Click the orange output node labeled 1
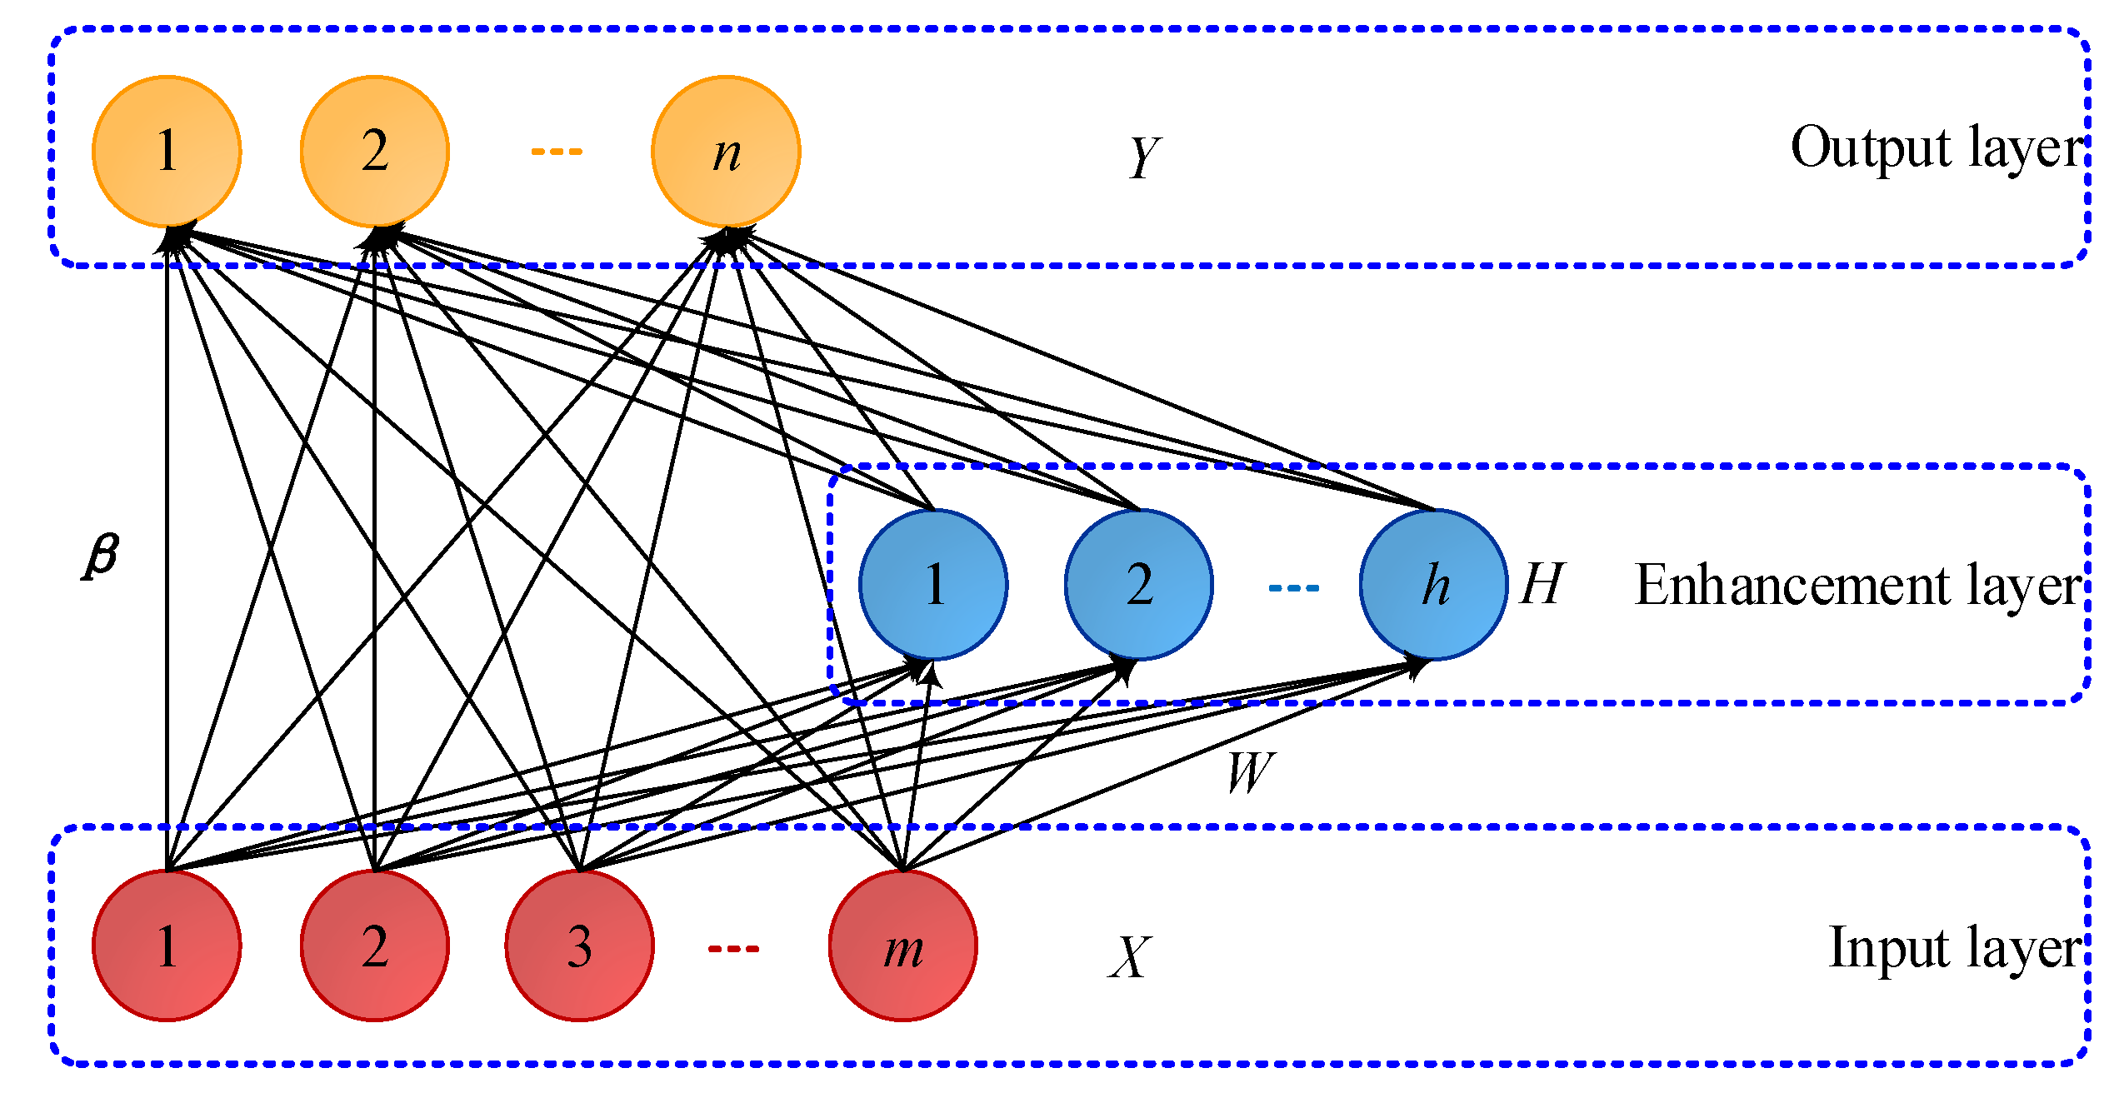(x=167, y=151)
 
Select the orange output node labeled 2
(x=374, y=151)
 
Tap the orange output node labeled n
(x=726, y=151)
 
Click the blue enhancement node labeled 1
(x=933, y=584)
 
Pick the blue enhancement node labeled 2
(x=1139, y=584)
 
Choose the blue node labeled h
(x=1434, y=584)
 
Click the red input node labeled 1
(x=167, y=946)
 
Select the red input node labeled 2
(x=374, y=946)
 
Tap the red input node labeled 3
(x=580, y=946)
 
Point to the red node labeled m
(x=903, y=946)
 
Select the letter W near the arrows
(x=1250, y=772)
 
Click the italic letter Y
(x=1144, y=157)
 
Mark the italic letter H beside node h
(x=1542, y=584)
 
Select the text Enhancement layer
(x=1858, y=586)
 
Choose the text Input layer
(x=1954, y=948)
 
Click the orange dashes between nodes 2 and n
(x=557, y=152)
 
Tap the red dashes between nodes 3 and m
(x=733, y=949)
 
